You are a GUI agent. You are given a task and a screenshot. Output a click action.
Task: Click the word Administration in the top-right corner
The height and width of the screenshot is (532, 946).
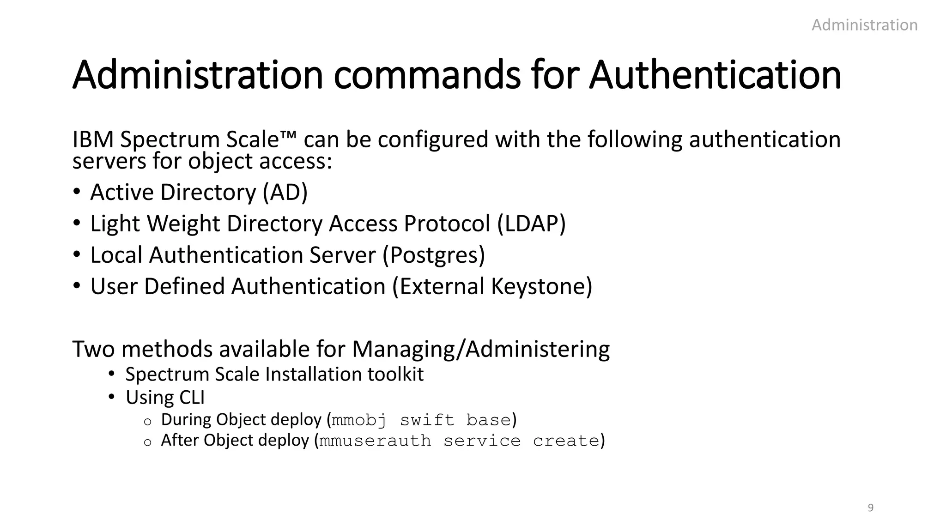click(x=864, y=25)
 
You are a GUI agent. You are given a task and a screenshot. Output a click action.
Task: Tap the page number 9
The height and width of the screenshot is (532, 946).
click(x=871, y=508)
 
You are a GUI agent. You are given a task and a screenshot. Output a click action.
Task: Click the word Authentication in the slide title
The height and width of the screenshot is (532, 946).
click(x=715, y=75)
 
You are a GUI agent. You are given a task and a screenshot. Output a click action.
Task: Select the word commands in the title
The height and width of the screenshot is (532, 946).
click(x=427, y=75)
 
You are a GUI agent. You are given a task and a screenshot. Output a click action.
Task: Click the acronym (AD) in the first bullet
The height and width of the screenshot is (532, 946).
click(x=285, y=192)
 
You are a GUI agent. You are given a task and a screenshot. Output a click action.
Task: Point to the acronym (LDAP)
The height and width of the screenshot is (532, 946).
click(x=531, y=224)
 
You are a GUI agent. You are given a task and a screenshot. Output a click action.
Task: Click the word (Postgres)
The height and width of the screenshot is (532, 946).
click(x=434, y=255)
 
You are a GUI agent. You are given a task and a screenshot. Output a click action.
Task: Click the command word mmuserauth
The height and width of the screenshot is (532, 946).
click(x=375, y=441)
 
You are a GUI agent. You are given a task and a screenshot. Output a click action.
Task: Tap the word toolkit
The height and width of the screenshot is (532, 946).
click(x=395, y=374)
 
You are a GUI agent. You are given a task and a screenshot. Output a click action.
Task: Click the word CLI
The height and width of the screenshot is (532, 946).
click(x=191, y=398)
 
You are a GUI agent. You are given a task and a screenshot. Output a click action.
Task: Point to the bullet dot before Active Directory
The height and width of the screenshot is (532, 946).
click(x=77, y=192)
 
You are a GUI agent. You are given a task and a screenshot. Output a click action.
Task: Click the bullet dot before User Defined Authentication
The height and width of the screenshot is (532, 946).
click(x=77, y=286)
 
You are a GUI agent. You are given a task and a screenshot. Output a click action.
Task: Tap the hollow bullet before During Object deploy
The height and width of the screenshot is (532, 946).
click(x=147, y=421)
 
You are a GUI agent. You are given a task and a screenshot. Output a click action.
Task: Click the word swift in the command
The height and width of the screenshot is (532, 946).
click(x=427, y=420)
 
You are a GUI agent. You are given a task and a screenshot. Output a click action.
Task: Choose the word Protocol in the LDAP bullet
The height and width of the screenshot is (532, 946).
click(x=447, y=224)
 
